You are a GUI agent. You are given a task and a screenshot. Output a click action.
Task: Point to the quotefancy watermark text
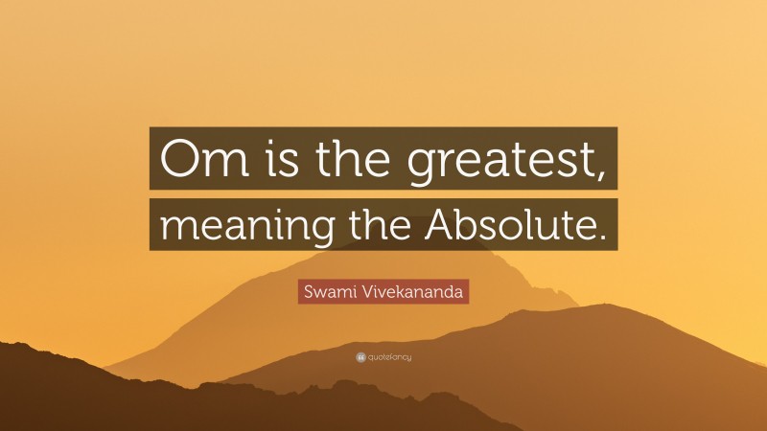coord(389,357)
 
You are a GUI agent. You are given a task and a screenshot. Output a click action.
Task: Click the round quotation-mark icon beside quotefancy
coord(360,357)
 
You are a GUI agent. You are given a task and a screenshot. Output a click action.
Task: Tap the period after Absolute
coord(602,238)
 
